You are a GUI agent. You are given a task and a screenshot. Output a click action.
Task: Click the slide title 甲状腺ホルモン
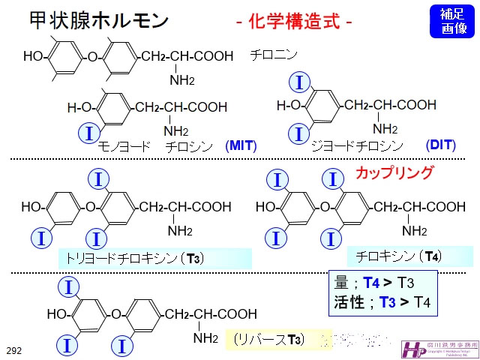click(x=88, y=19)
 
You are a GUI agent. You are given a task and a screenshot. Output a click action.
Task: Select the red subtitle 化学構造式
click(x=293, y=21)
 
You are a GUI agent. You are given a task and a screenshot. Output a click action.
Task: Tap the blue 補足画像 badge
click(x=452, y=21)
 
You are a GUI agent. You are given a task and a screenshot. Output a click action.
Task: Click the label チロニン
click(x=274, y=55)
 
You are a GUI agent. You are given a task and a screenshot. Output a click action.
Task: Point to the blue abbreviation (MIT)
click(x=241, y=145)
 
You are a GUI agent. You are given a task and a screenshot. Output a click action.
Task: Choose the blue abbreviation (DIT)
click(x=440, y=145)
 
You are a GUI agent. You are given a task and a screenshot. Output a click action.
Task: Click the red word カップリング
click(x=394, y=172)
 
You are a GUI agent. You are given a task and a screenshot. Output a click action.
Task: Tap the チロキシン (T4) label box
click(x=398, y=256)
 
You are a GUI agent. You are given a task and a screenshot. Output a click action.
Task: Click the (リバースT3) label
click(x=268, y=339)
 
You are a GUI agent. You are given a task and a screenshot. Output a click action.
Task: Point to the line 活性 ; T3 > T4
click(x=374, y=303)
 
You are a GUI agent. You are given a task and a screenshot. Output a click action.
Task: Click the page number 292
click(x=14, y=349)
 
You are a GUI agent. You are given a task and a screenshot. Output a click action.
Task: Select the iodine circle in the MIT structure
click(x=88, y=134)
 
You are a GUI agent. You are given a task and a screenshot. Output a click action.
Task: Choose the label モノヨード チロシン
click(x=157, y=145)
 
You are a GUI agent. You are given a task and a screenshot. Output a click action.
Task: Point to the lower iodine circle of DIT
click(x=299, y=134)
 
